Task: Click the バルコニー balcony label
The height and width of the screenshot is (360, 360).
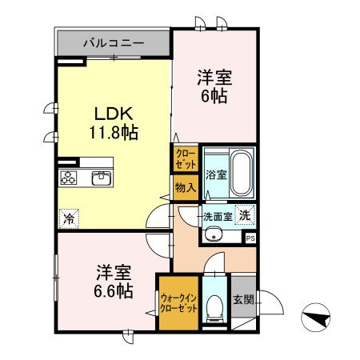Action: (112, 42)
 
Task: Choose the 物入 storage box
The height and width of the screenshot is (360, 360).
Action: (184, 187)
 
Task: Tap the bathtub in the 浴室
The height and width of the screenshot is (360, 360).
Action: (241, 175)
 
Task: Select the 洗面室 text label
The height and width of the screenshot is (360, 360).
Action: (217, 216)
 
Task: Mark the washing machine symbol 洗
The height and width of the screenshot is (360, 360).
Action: (246, 214)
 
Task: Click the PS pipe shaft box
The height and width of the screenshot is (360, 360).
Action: (250, 238)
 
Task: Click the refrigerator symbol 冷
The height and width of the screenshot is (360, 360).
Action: (70, 216)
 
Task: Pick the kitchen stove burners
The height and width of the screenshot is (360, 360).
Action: (68, 178)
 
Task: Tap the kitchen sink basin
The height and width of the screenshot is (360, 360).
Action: (101, 178)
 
